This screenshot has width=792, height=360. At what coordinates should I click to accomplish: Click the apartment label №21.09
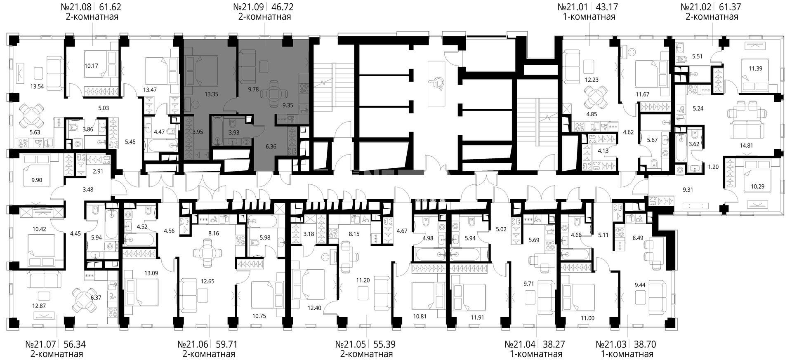(x=249, y=7)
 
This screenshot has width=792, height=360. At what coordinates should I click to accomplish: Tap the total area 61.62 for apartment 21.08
(x=110, y=7)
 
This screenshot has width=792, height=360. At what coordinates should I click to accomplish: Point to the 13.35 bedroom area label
(x=211, y=94)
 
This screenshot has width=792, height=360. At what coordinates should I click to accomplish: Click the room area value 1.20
(x=713, y=167)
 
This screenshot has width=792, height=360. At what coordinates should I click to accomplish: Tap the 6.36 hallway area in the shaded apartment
(x=271, y=146)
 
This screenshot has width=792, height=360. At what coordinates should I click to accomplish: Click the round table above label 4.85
(x=594, y=97)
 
